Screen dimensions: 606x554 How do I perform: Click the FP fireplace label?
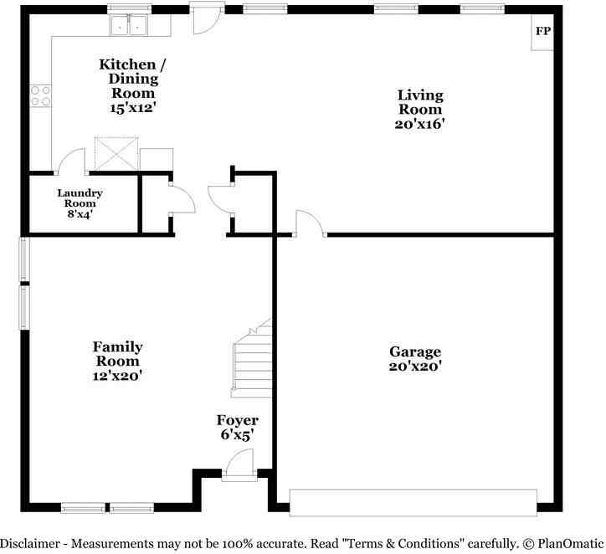[x=542, y=31]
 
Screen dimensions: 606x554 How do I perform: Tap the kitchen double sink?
[x=129, y=25]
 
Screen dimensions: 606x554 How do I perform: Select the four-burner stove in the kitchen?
[x=40, y=95]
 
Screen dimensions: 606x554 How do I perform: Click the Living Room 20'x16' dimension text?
[x=419, y=124]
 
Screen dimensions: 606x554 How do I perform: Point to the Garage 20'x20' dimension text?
[x=415, y=366]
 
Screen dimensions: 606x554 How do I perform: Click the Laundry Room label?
[x=80, y=198]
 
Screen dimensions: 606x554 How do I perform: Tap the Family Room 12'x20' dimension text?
[x=117, y=376]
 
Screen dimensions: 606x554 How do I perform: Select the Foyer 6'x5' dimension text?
[x=237, y=434]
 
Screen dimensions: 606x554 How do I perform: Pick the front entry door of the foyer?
[x=239, y=465]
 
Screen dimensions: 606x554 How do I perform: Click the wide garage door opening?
[x=413, y=502]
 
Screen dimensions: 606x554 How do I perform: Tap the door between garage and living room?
[x=310, y=223]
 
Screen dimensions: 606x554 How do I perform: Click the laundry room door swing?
[x=70, y=162]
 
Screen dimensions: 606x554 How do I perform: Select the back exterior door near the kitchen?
[x=207, y=18]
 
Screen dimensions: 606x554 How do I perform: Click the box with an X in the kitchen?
[x=116, y=153]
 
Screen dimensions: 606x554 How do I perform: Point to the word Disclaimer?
[x=30, y=544]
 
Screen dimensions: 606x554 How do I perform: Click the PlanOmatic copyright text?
[x=563, y=544]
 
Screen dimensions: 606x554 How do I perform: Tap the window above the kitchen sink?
[x=129, y=9]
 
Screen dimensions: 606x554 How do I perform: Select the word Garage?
[x=415, y=352]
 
